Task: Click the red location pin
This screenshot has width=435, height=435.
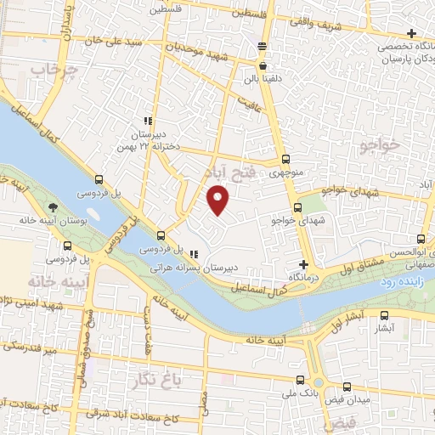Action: (x=218, y=199)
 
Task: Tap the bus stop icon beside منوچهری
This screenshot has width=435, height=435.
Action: (x=285, y=158)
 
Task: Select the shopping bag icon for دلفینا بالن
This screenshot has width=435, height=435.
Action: (x=263, y=65)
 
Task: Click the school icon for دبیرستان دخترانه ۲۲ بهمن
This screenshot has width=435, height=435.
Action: (x=148, y=121)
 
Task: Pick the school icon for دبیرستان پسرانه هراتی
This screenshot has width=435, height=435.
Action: (x=194, y=253)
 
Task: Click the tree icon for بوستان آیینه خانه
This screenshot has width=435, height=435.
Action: (x=54, y=206)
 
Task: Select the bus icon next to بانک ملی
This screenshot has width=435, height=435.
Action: (x=299, y=381)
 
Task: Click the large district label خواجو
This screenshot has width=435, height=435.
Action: (x=378, y=146)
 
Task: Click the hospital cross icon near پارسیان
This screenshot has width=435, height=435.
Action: (x=411, y=33)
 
